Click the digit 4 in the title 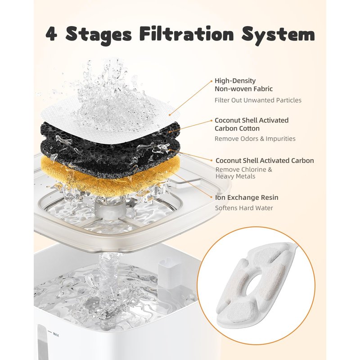click(51, 34)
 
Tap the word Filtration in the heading click(186, 34)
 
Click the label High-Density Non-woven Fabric click(243, 85)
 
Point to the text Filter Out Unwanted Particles click(258, 100)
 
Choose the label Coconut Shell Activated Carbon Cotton click(252, 124)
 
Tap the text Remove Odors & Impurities click(255, 139)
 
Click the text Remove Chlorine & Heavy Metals click(243, 173)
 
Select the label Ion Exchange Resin click(247, 198)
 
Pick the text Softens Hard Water click(244, 208)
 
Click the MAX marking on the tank click(56, 334)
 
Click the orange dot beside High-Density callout click(211, 81)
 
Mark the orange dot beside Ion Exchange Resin click(211, 197)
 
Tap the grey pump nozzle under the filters click(110, 208)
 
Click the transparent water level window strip click(41, 342)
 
